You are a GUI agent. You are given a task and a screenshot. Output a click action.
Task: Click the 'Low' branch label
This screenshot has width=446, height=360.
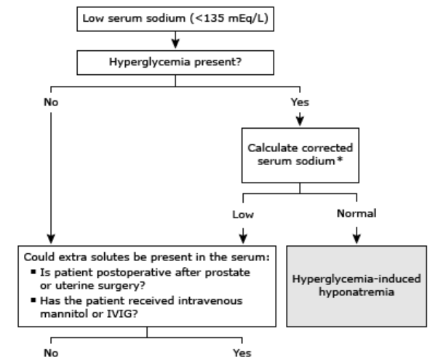[x=241, y=216]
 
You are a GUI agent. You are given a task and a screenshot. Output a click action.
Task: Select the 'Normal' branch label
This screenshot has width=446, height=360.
[x=357, y=216]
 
